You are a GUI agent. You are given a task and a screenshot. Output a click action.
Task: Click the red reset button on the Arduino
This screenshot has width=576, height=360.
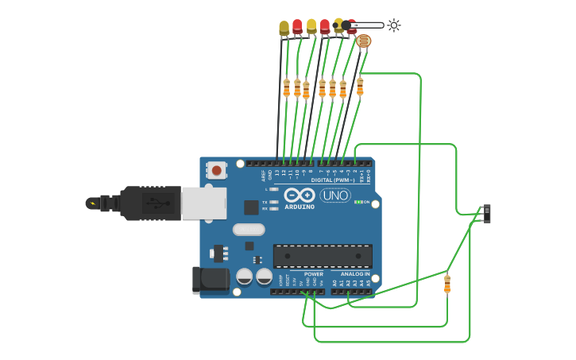pyautogui.click(x=216, y=169)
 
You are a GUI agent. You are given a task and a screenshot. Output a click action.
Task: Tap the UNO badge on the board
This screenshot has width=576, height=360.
pyautogui.click(x=335, y=195)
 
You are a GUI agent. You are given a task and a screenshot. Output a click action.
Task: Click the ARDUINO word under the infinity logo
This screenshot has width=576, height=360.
pyautogui.click(x=300, y=207)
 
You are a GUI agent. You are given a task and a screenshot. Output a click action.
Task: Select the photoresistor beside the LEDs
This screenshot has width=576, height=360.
pyautogui.click(x=363, y=41)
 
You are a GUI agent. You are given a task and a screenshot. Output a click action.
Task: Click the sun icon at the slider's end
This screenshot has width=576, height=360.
pyautogui.click(x=394, y=25)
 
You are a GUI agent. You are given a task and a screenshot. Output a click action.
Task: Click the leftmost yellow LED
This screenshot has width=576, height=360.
pyautogui.click(x=284, y=29)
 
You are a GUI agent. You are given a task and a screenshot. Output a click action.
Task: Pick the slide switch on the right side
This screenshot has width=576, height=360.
pyautogui.click(x=486, y=213)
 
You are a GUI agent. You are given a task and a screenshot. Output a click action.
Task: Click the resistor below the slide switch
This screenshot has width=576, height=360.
pyautogui.click(x=447, y=284)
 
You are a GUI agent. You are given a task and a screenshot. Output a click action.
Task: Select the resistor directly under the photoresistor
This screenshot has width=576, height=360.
pyautogui.click(x=360, y=86)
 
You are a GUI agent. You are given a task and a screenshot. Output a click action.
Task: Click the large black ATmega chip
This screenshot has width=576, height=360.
pyautogui.click(x=323, y=256)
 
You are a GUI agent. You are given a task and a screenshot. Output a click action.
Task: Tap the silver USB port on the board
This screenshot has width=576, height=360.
pyautogui.click(x=203, y=203)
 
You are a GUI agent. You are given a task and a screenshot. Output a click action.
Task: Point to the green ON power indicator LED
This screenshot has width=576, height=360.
pyautogui.click(x=357, y=202)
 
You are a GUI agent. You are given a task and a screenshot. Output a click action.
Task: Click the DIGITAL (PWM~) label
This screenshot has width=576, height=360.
pyautogui.click(x=333, y=180)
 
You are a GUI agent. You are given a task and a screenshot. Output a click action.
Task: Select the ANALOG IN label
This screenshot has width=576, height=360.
pyautogui.click(x=356, y=273)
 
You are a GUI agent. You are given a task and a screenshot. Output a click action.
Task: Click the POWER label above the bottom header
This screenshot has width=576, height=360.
pyautogui.click(x=314, y=273)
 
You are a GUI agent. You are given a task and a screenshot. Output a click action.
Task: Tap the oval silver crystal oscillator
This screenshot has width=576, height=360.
pyautogui.click(x=249, y=230)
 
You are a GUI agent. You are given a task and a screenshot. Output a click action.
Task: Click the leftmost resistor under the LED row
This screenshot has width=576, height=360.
pyautogui.click(x=286, y=87)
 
